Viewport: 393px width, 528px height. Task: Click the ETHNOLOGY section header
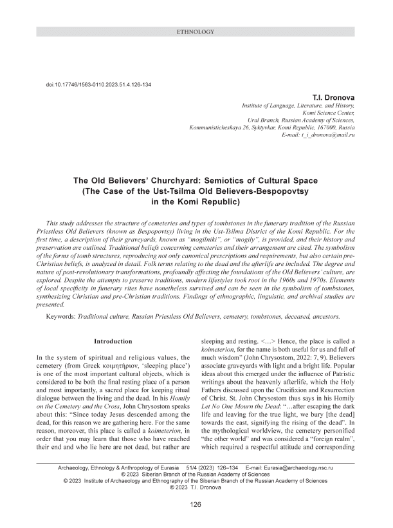coord(196,31)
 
